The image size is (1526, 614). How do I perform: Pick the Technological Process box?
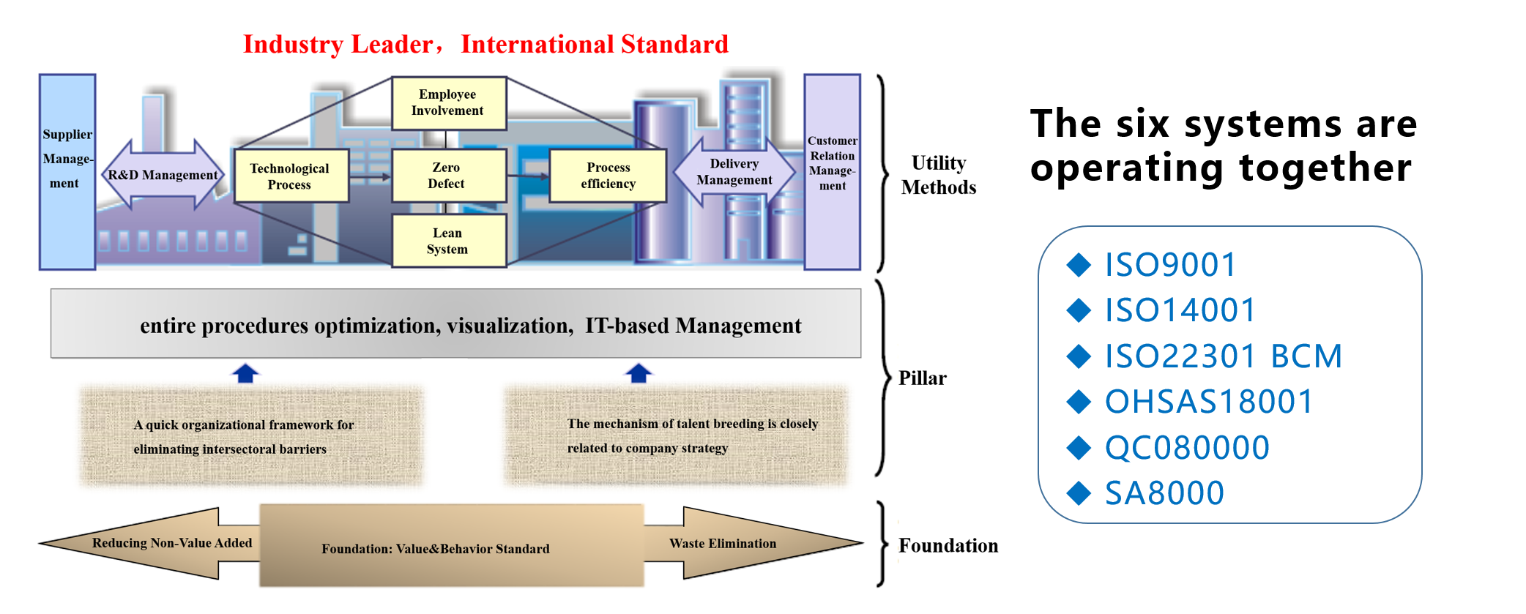click(291, 176)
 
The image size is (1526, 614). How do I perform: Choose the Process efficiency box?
click(608, 176)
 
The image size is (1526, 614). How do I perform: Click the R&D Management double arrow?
click(163, 175)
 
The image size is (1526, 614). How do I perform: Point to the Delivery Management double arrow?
click(734, 172)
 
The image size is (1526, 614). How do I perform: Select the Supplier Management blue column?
click(67, 172)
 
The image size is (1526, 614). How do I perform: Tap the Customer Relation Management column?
click(833, 172)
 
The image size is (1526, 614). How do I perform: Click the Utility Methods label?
click(939, 175)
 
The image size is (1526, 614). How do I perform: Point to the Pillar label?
click(923, 378)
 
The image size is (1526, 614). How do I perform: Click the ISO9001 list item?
click(1170, 265)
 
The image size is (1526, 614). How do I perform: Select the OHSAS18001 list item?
click(1209, 402)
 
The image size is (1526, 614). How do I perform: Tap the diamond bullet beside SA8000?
click(1079, 493)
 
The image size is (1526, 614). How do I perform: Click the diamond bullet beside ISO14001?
click(1079, 310)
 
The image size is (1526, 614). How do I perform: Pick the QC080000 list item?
click(1187, 448)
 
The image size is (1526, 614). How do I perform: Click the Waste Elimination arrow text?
click(723, 544)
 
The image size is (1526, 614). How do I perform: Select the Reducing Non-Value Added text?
click(172, 543)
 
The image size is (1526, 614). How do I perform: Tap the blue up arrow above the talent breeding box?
click(639, 373)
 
